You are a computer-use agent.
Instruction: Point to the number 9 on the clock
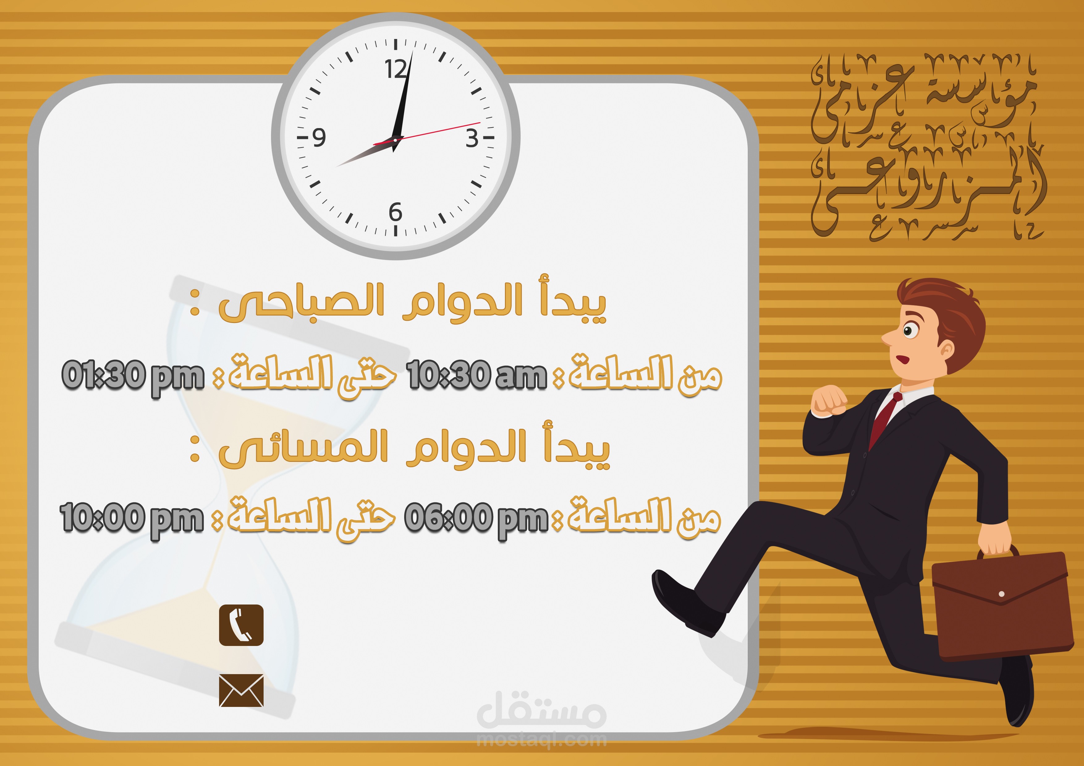click(319, 137)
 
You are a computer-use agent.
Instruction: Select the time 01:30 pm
click(133, 376)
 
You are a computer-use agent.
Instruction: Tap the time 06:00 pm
click(475, 519)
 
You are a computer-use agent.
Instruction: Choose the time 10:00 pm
click(131, 519)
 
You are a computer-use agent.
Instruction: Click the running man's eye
click(908, 330)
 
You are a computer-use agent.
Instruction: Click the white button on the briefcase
click(1001, 594)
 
